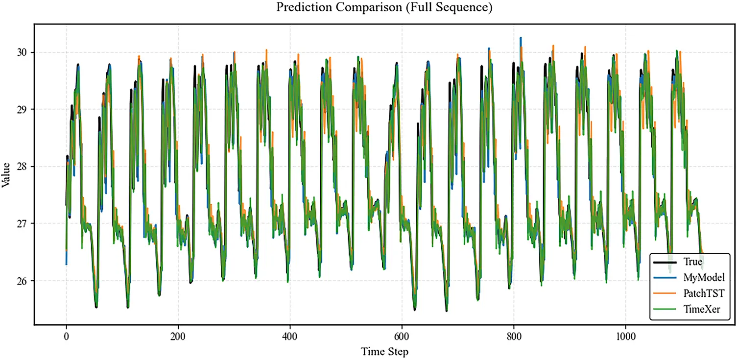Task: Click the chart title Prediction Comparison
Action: click(384, 7)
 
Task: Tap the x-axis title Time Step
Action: click(384, 352)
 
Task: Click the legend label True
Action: click(693, 263)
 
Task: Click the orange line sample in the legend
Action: click(666, 293)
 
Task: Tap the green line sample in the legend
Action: click(666, 309)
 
